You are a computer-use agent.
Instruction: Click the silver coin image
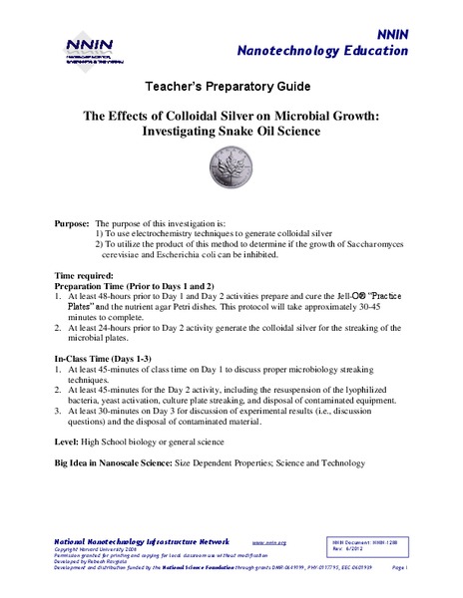click(231, 166)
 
